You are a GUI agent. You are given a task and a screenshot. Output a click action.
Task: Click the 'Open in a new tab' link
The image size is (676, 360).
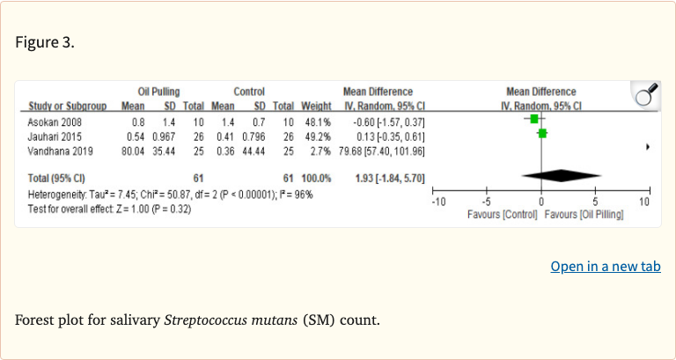pos(605,267)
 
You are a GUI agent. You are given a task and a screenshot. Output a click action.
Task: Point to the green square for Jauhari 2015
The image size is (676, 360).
pos(542,134)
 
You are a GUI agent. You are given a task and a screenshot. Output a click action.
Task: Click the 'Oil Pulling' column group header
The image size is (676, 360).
pos(158,92)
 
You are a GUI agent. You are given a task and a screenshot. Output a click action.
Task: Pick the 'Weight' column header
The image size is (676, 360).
pos(315,107)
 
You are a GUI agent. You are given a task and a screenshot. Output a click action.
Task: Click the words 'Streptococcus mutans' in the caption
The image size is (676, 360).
pos(231,319)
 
